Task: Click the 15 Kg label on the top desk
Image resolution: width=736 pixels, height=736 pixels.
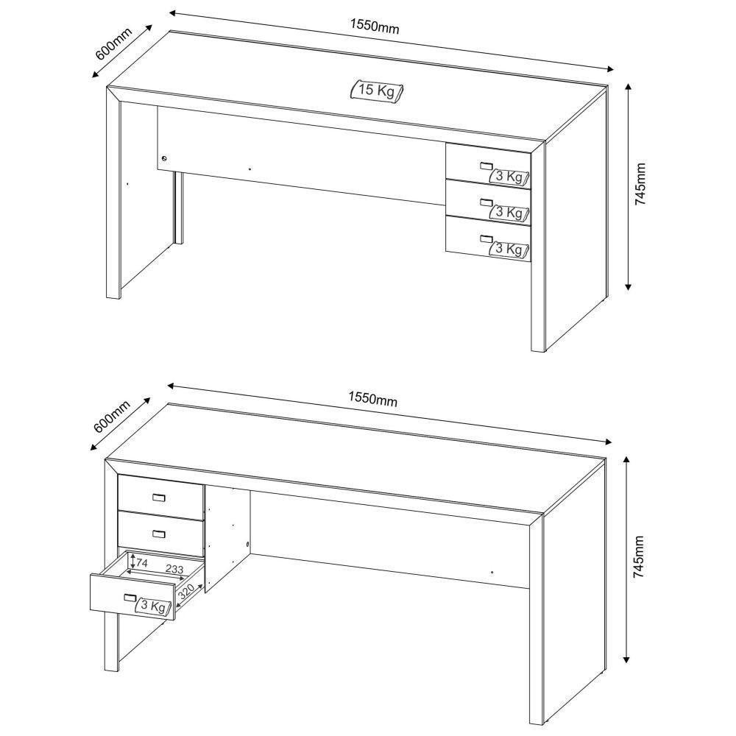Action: (376, 91)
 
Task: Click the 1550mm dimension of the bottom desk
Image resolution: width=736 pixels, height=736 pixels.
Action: (372, 399)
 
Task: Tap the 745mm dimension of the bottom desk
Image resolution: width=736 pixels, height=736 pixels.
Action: (639, 557)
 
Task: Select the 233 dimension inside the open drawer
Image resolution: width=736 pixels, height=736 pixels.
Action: (174, 569)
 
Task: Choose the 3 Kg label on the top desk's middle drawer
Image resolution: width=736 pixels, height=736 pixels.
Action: (510, 213)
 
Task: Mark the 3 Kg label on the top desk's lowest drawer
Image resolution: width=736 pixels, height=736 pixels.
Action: (510, 249)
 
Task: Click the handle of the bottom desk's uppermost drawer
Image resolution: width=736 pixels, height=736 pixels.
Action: (159, 498)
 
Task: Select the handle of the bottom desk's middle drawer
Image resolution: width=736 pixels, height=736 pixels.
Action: (159, 533)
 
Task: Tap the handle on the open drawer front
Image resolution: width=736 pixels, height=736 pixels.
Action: (130, 597)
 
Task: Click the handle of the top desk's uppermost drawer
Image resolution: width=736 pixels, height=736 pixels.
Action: (484, 166)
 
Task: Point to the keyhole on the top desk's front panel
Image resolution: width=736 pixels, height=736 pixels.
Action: (164, 158)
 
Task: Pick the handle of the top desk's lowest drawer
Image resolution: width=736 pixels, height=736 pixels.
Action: (484, 238)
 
